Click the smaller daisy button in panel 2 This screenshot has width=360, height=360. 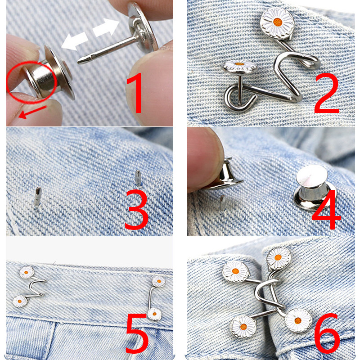(239, 68)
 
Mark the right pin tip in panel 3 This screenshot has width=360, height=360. (138, 177)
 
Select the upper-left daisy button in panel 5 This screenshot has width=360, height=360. (27, 272)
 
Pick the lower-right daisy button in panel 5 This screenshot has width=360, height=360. (154, 313)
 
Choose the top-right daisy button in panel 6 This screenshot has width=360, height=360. (278, 257)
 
